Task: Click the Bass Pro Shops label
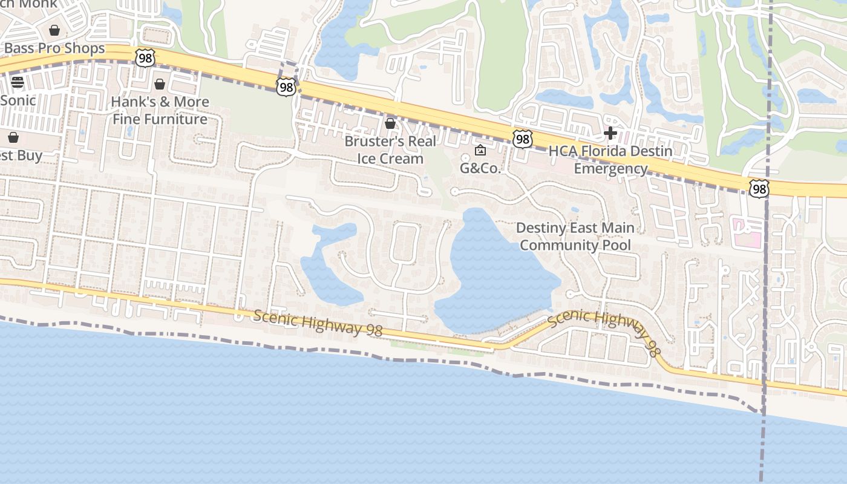coord(54,48)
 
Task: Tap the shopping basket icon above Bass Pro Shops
coord(54,30)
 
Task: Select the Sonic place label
coord(18,100)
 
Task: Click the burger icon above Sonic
coord(18,82)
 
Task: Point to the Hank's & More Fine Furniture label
coord(160,110)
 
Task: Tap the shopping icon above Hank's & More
coord(160,84)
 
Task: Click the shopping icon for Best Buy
coord(13,138)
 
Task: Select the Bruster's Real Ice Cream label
coord(390,150)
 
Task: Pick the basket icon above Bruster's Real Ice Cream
coord(390,123)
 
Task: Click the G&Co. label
coord(481,168)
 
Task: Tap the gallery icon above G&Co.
coord(480,150)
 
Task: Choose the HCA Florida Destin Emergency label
coord(610,160)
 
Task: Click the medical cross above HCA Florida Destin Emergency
coord(610,132)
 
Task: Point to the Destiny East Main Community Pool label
coord(575,237)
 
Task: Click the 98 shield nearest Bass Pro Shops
coord(145,58)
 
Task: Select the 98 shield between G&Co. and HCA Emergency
coord(522,140)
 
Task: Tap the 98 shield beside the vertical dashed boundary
coord(758,189)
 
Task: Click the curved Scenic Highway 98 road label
coord(604,330)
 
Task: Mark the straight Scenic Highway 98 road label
coord(318,322)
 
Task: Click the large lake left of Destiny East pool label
coord(493,272)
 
